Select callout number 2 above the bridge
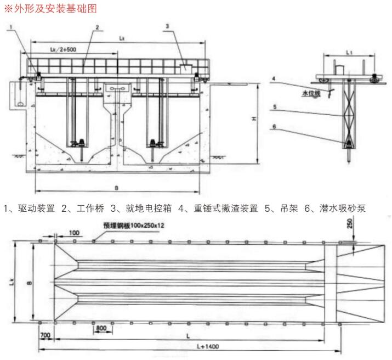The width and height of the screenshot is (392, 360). (96, 27)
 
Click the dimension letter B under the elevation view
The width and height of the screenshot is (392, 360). (116, 188)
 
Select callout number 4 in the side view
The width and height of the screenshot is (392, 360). (273, 78)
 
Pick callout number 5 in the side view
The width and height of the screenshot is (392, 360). (273, 108)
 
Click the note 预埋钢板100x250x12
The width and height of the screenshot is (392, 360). (133, 226)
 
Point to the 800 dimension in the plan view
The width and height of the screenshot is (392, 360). (101, 328)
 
